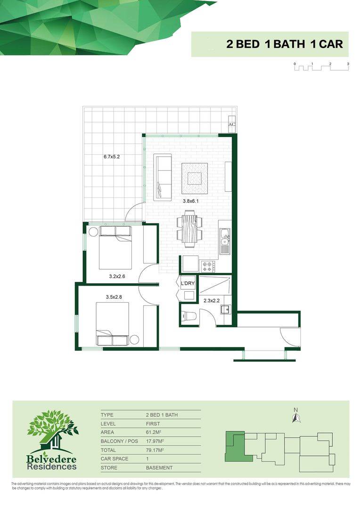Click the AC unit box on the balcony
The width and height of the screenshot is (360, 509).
click(231, 124)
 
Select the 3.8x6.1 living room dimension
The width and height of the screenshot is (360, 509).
click(191, 201)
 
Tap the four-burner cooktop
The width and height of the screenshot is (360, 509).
click(208, 266)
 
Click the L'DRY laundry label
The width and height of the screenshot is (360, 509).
click(188, 283)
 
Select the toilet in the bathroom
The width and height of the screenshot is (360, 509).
click(189, 316)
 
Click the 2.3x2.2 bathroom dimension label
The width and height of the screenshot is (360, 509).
click(211, 300)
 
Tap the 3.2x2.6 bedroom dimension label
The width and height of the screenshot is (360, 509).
click(117, 277)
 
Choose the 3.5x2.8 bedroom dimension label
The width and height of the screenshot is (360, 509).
click(114, 297)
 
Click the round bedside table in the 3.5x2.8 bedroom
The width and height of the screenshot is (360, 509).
click(135, 339)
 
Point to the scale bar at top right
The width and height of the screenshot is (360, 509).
click(321, 67)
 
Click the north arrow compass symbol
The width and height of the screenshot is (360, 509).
click(296, 417)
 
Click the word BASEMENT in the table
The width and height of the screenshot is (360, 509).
click(159, 468)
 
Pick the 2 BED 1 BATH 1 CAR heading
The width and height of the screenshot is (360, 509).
click(284, 44)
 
